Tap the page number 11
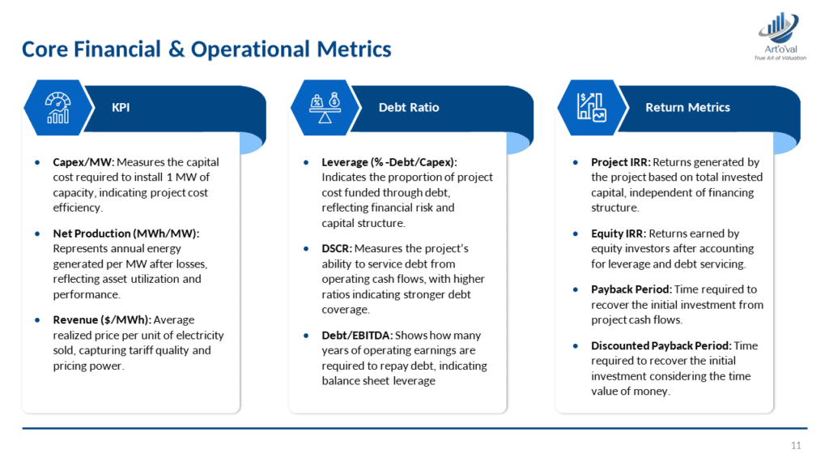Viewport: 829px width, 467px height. click(x=796, y=445)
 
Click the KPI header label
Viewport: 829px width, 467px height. click(x=121, y=108)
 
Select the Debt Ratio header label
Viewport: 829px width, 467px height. click(x=409, y=108)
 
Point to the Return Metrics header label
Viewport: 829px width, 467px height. click(x=687, y=108)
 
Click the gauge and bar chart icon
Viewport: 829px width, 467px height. click(x=57, y=108)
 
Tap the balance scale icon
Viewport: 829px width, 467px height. click(x=325, y=108)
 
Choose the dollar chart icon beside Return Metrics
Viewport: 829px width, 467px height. click(x=592, y=108)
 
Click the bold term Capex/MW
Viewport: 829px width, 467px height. click(x=83, y=162)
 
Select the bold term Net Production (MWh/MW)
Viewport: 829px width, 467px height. click(x=125, y=233)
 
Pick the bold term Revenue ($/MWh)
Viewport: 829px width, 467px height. click(x=102, y=319)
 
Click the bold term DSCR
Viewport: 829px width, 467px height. click(x=337, y=248)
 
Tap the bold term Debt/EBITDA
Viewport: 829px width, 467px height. click(x=357, y=335)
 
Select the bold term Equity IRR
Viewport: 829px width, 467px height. click(x=619, y=233)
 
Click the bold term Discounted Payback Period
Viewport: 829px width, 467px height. click(x=661, y=345)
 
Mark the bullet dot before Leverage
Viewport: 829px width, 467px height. click(x=306, y=162)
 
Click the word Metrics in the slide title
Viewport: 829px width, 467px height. click(x=355, y=49)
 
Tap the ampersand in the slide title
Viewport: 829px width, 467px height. click(x=176, y=49)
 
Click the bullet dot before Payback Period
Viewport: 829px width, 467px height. click(x=576, y=289)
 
